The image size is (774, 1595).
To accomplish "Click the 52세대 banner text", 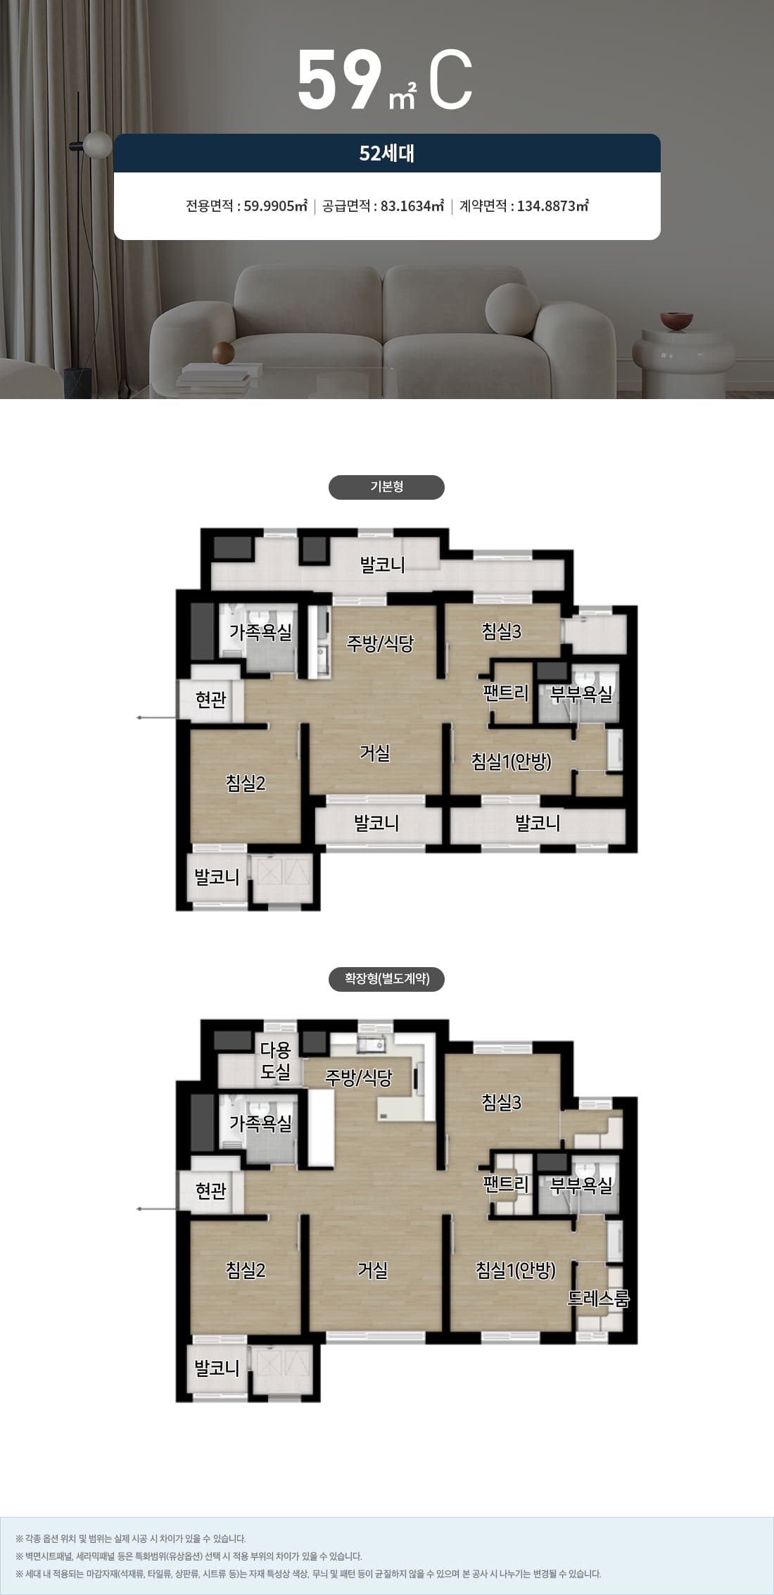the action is click(386, 153).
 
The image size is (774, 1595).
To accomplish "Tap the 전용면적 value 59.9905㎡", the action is click(276, 206).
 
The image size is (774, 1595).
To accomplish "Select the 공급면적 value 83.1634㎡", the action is click(412, 206).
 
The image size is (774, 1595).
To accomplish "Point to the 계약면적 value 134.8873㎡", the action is click(553, 206).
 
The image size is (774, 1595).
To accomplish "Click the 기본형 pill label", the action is click(386, 487).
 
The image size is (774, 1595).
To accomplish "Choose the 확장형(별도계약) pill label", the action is click(386, 979).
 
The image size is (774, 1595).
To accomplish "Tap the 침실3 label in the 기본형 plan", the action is click(502, 631).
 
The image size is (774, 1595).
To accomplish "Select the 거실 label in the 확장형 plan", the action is click(372, 1270).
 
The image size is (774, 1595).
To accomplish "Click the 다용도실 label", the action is click(275, 1061).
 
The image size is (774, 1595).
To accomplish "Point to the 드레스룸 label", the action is click(598, 1298).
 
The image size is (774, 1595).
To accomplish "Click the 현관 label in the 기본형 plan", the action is click(211, 699).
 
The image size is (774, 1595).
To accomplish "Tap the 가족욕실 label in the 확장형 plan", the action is click(260, 1123).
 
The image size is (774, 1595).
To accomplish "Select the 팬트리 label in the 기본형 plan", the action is click(505, 693).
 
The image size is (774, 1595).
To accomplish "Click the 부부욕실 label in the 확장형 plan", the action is click(581, 1186).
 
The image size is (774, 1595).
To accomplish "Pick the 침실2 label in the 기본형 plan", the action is click(246, 783).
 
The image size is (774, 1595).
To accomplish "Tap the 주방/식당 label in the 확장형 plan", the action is click(358, 1077).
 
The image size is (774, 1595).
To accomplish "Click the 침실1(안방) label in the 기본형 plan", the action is click(512, 761).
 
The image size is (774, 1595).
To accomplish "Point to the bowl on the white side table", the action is click(676, 320).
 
